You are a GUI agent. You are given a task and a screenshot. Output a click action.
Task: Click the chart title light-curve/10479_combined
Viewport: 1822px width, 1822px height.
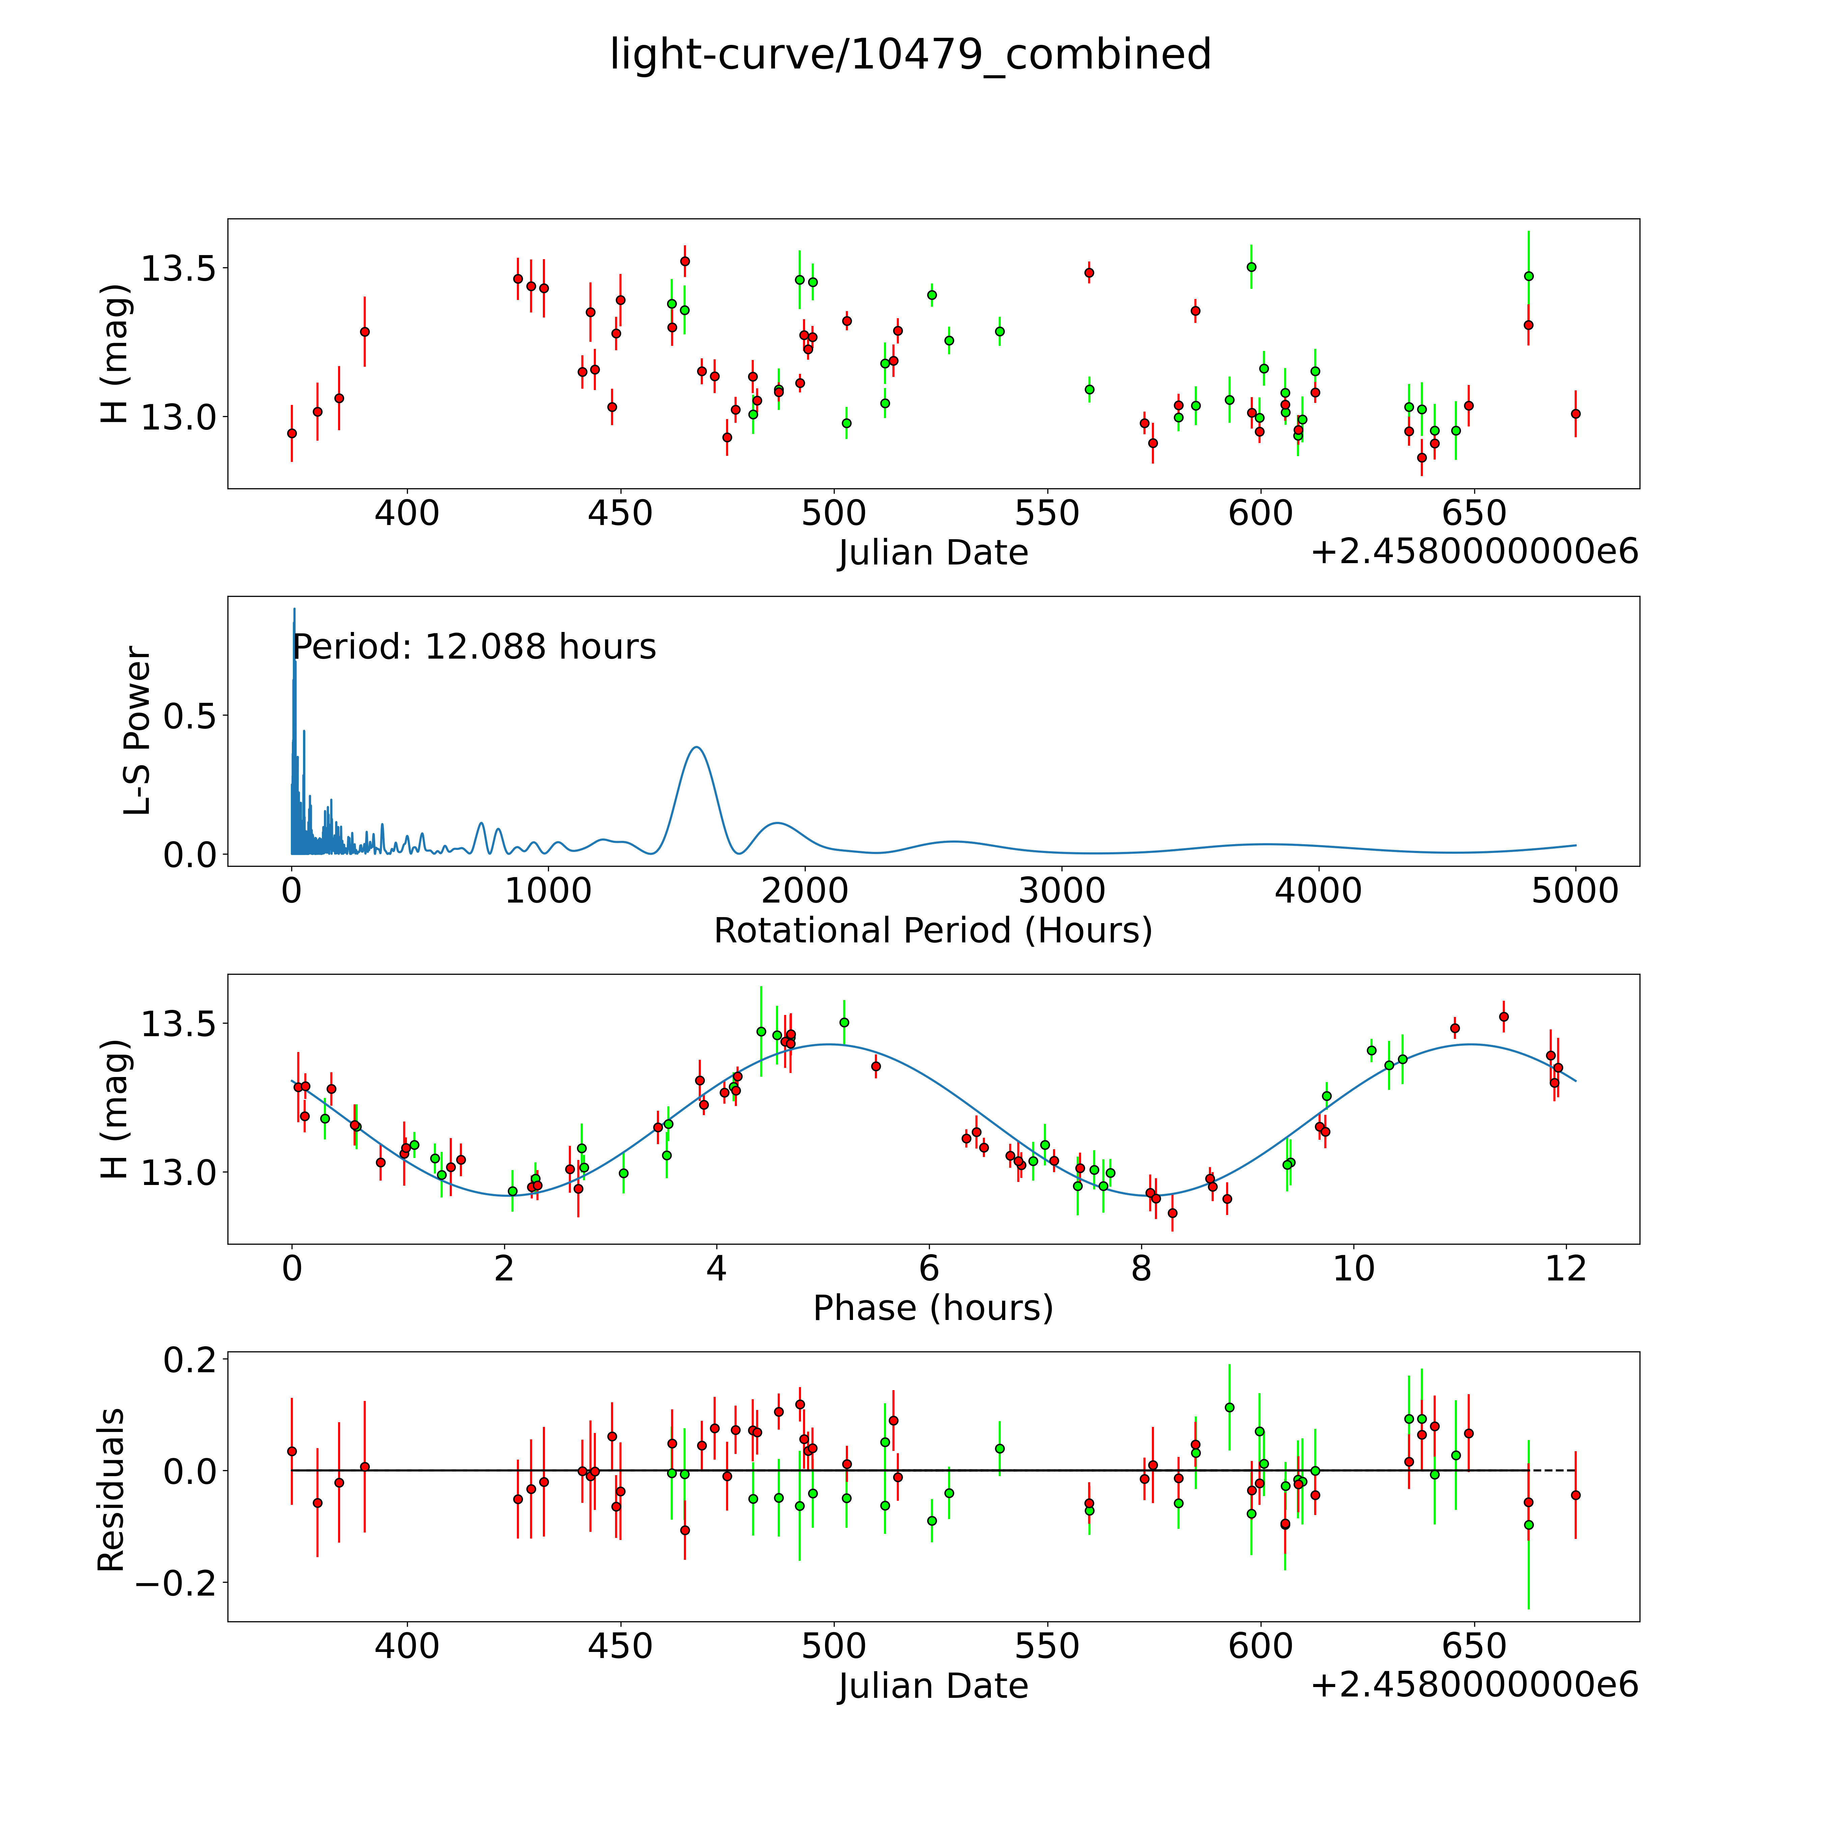point(910,55)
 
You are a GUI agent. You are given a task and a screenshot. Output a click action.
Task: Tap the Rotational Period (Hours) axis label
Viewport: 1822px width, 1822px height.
point(933,931)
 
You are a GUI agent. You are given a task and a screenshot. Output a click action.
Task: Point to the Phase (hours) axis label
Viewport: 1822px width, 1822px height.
point(933,1308)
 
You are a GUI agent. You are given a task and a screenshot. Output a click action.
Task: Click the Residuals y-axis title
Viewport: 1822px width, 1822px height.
point(111,1490)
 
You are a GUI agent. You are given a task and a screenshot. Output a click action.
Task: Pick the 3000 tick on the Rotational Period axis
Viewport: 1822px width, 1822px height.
point(1062,891)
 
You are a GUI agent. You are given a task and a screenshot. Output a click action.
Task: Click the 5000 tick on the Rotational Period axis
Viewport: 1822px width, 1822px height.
point(1575,891)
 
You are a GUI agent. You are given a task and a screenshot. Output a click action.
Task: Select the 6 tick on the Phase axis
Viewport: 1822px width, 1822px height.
point(929,1268)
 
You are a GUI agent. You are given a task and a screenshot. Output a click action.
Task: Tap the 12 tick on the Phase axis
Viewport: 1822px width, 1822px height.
point(1566,1268)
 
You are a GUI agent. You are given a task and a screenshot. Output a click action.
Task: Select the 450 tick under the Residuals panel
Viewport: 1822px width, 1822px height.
point(620,1646)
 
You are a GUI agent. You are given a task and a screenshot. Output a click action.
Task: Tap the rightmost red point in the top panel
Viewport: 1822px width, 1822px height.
point(1575,413)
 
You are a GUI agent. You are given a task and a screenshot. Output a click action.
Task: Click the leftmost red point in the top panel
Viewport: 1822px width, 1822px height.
point(292,433)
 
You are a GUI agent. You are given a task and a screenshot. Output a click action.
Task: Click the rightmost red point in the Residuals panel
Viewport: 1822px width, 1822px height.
point(1575,1495)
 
